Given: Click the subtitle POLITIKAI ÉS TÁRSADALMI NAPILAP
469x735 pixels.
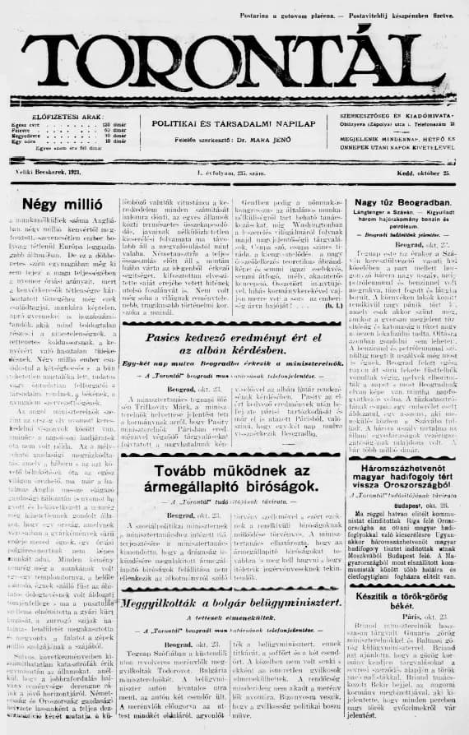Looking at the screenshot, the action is coord(233,122).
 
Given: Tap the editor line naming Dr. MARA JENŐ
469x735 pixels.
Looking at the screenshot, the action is coord(233,139).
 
